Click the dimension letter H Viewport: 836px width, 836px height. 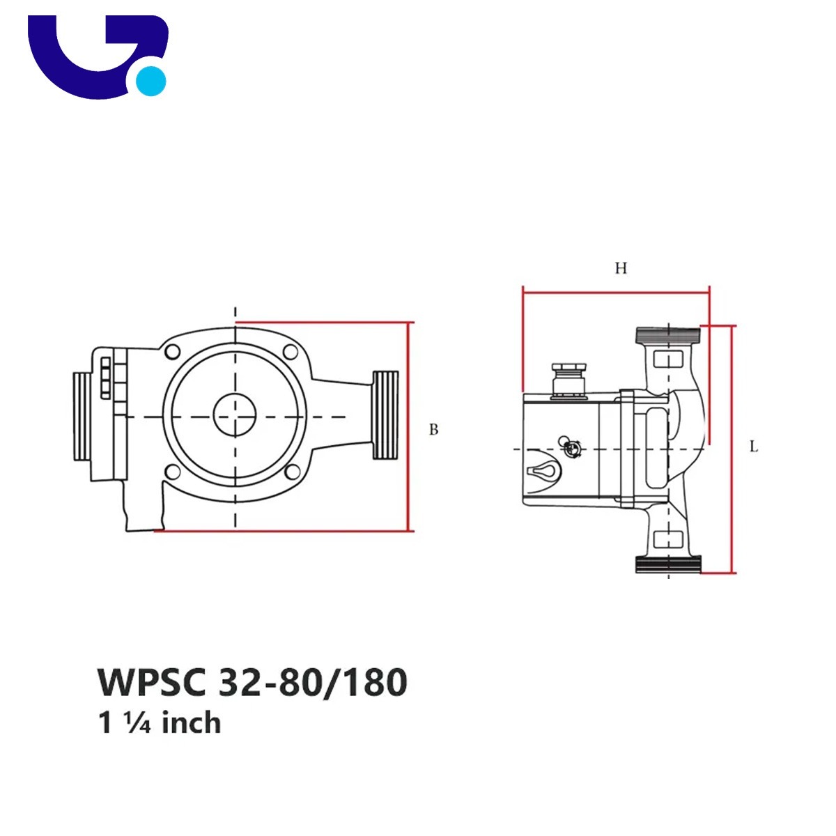[x=621, y=268]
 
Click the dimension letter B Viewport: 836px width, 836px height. [x=433, y=429]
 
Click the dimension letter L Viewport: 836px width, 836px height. [x=754, y=447]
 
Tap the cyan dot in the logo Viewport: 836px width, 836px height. [x=150, y=81]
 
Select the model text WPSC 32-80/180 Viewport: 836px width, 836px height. [x=252, y=683]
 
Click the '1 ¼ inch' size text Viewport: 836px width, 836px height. [x=160, y=722]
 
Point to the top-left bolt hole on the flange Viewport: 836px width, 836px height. [x=173, y=351]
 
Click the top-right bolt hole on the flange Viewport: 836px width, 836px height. [x=291, y=351]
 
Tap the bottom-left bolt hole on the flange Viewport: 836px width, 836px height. [x=173, y=472]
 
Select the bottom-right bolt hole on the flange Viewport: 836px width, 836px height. [x=293, y=471]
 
